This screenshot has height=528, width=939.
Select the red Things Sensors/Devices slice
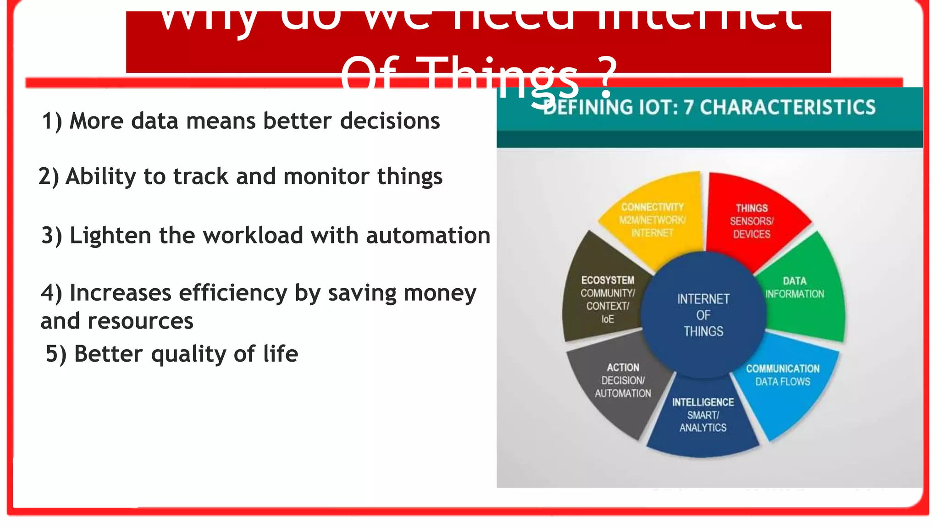click(752, 221)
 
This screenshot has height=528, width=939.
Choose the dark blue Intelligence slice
click(703, 417)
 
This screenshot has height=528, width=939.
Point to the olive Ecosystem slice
click(605, 298)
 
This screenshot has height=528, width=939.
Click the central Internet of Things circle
click(703, 315)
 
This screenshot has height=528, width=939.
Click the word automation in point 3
click(428, 236)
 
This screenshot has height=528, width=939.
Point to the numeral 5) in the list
click(56, 354)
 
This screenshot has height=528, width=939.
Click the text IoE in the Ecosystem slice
click(608, 319)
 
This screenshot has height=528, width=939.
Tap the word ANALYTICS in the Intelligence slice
click(703, 428)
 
